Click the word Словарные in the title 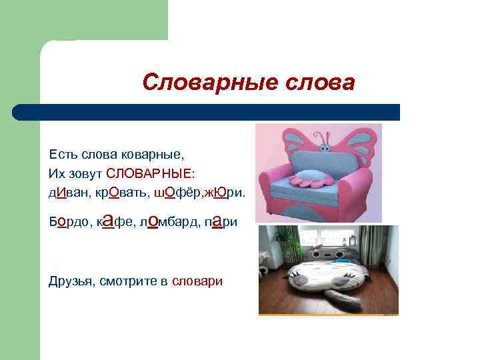coord(199,83)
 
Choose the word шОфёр coord(178,193)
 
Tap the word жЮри coord(227,193)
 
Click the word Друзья coord(71,281)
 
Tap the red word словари coord(197,281)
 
